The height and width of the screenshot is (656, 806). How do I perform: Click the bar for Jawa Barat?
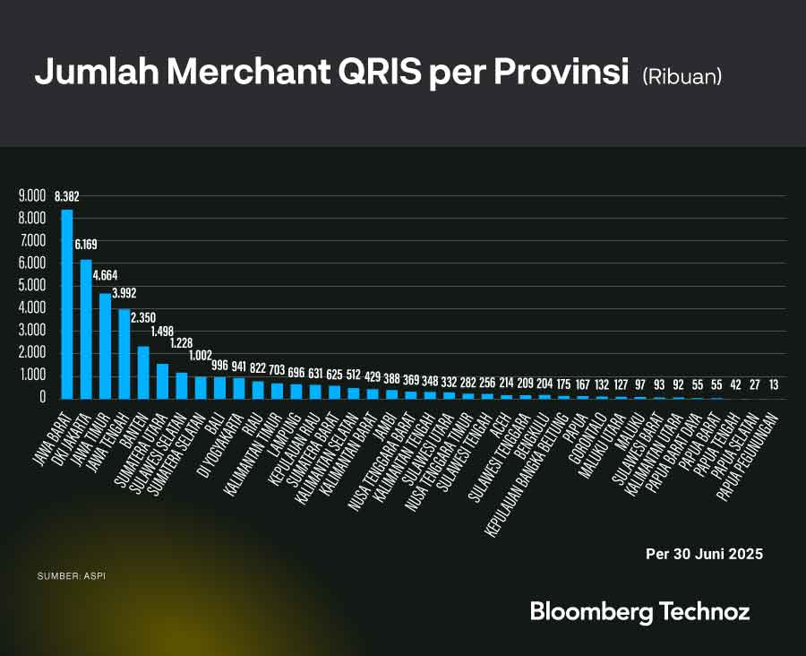pos(67,305)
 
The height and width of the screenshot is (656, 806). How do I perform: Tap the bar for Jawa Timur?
pos(105,346)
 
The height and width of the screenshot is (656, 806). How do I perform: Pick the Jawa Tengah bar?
pos(124,353)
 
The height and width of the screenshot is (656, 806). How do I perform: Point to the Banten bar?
pos(143,372)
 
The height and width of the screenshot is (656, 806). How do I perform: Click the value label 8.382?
pos(67,196)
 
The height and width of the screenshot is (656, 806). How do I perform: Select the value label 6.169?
pos(87,244)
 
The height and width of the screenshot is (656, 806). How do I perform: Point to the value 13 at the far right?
pos(774,384)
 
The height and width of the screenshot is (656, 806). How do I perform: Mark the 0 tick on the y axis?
pos(41,398)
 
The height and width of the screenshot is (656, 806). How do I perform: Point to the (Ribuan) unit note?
pos(682,77)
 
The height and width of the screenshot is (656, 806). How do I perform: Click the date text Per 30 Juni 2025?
pos(704,554)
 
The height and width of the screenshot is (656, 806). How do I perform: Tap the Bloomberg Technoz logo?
pos(639,612)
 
